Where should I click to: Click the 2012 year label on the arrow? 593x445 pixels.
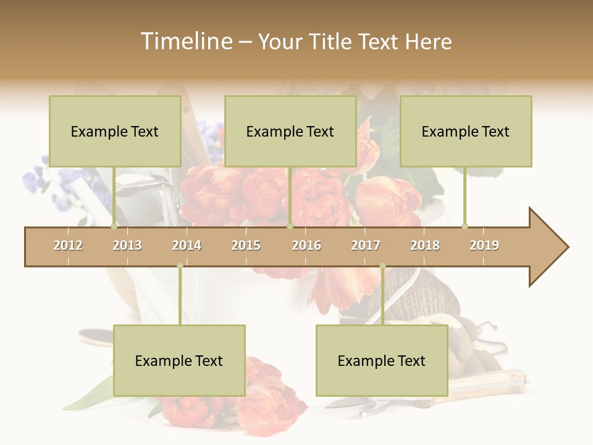tap(68, 245)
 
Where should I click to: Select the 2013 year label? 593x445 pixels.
tap(127, 245)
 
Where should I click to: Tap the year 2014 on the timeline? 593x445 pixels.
tap(187, 245)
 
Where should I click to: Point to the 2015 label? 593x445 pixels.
tap(246, 245)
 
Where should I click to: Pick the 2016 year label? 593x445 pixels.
tap(306, 245)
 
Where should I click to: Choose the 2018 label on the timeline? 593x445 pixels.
tap(425, 245)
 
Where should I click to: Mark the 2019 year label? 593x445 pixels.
tap(484, 245)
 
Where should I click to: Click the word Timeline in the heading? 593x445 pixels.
tap(186, 41)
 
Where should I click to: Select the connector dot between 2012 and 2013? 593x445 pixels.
tap(114, 226)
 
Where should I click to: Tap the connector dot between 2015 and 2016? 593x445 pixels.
tap(290, 226)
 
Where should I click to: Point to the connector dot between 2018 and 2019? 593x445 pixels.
tap(465, 226)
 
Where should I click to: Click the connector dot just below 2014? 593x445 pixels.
tap(180, 266)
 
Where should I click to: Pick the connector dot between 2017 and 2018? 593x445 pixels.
tap(382, 266)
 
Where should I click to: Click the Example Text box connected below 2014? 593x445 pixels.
tap(179, 360)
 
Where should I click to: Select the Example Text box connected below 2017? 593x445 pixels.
tap(382, 360)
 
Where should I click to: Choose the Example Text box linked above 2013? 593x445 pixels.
tap(115, 131)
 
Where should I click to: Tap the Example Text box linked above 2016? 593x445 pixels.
tap(290, 131)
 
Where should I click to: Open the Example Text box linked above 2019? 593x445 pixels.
tap(466, 131)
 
